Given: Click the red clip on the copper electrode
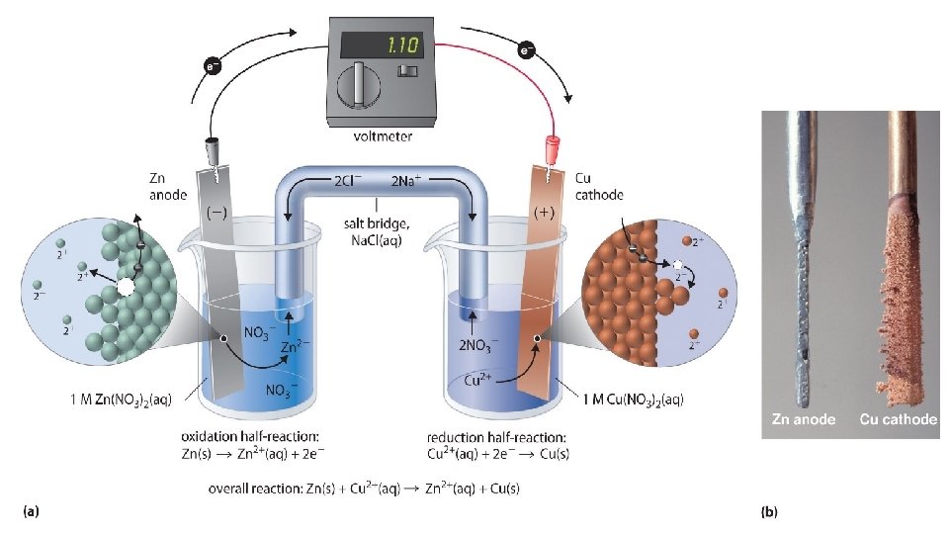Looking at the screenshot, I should tap(550, 149).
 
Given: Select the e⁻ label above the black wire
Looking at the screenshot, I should tap(213, 66).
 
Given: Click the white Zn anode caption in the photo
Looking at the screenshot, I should tap(804, 419).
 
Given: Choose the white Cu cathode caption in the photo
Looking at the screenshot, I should tap(898, 419).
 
